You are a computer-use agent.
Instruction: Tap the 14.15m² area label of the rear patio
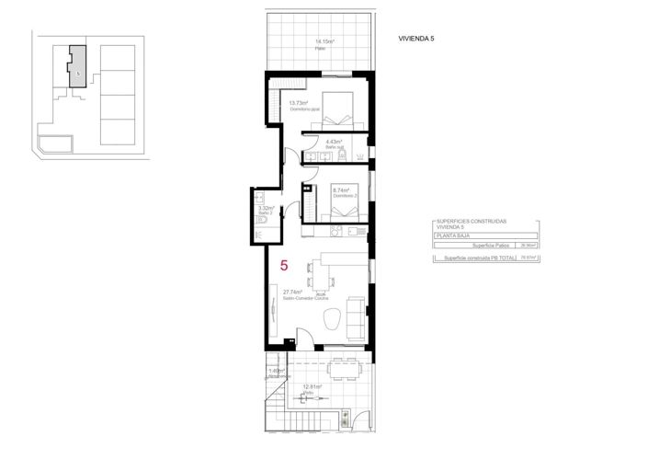click(x=324, y=41)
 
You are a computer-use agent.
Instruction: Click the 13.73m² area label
click(x=298, y=102)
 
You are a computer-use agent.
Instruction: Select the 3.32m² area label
click(x=266, y=208)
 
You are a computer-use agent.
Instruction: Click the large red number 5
click(x=285, y=266)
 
